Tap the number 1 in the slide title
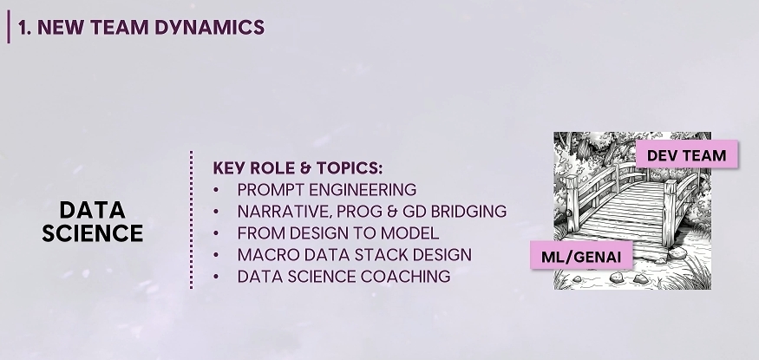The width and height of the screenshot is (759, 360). click(22, 28)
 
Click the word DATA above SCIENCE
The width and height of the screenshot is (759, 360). click(93, 210)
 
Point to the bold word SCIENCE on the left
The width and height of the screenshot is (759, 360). click(93, 233)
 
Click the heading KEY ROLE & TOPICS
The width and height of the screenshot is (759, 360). click(298, 168)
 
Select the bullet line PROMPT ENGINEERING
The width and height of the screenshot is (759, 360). click(327, 189)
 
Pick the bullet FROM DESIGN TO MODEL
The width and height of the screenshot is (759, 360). click(338, 232)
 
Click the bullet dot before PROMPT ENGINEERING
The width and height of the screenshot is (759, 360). click(216, 190)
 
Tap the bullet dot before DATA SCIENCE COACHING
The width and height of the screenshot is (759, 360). click(216, 277)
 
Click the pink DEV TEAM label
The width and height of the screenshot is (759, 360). click(687, 154)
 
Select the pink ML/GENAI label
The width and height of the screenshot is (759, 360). click(581, 256)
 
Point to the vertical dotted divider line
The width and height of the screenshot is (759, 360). click(191, 219)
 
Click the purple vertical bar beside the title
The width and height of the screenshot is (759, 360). click(8, 27)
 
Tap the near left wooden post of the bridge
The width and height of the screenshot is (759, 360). click(573, 203)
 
